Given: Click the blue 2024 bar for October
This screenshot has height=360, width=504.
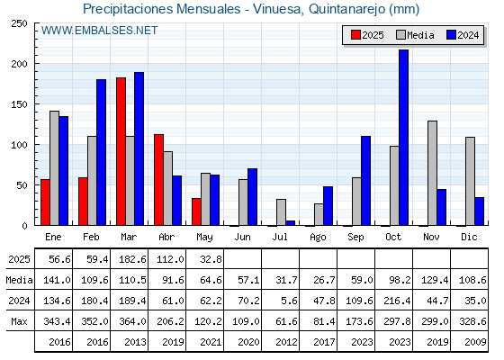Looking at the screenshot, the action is (x=403, y=138).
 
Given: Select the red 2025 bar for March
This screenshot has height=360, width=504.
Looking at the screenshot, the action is (x=121, y=151).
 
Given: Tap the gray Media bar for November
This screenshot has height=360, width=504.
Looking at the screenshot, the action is (x=432, y=173).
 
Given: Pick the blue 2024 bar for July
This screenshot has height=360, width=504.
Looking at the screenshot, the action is (x=290, y=223).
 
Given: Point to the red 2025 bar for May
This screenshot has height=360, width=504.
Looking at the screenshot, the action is (x=196, y=211).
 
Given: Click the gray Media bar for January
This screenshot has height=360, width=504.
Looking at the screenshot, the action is (x=54, y=168).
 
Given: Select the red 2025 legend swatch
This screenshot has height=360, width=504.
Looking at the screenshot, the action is (x=355, y=35).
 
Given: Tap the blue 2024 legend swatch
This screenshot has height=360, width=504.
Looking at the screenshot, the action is (x=451, y=35).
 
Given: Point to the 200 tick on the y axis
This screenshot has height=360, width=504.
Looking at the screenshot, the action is (x=36, y=64).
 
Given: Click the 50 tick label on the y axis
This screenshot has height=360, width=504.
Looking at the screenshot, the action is (x=22, y=185).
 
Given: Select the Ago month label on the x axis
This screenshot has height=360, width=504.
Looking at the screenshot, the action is (x=318, y=238).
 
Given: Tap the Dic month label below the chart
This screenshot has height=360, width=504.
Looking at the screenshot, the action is (x=469, y=237).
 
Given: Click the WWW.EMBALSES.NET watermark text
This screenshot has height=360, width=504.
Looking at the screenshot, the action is (x=99, y=31).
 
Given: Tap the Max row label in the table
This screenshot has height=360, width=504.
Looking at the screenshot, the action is (x=19, y=321).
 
